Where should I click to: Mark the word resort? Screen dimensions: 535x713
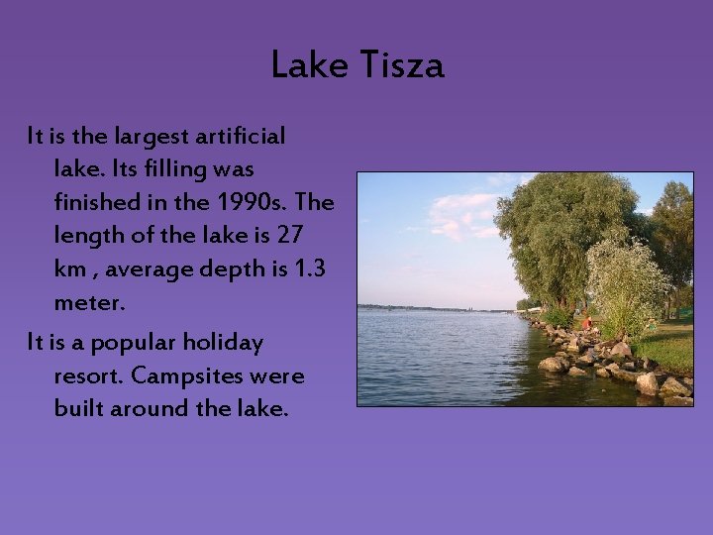[89, 376]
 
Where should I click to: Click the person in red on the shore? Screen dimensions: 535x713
[585, 322]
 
